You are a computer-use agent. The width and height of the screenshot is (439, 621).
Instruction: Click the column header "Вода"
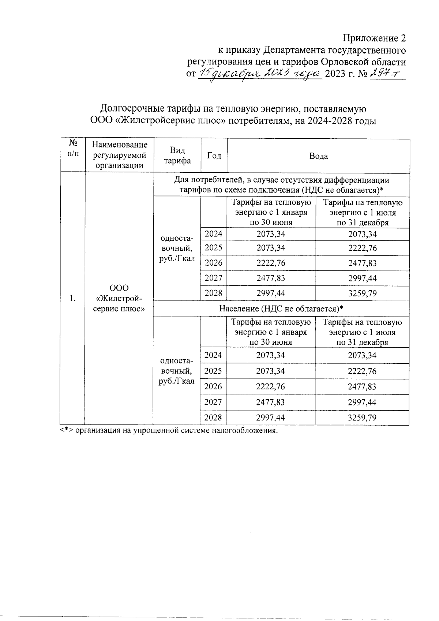[318, 156]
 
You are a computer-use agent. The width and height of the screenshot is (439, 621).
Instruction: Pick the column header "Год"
[214, 156]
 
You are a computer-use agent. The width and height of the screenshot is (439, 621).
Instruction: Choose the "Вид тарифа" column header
[177, 156]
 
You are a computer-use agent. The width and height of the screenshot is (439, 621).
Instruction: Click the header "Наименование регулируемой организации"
[119, 155]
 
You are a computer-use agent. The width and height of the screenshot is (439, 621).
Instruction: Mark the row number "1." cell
[73, 298]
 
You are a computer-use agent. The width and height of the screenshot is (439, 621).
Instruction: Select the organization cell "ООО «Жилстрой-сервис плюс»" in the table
[119, 298]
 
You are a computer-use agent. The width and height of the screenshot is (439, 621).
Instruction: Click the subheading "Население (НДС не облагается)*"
[281, 308]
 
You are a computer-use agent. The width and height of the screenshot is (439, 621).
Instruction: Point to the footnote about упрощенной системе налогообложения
[169, 430]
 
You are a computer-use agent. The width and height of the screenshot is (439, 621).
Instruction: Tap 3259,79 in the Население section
[362, 418]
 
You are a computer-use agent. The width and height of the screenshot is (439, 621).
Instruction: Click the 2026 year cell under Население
[213, 386]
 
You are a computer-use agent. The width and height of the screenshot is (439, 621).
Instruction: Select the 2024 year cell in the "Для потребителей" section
[214, 234]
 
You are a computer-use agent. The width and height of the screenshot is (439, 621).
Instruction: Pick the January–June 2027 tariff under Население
[270, 402]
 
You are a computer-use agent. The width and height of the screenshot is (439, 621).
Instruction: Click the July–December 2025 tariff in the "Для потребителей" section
[362, 248]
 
